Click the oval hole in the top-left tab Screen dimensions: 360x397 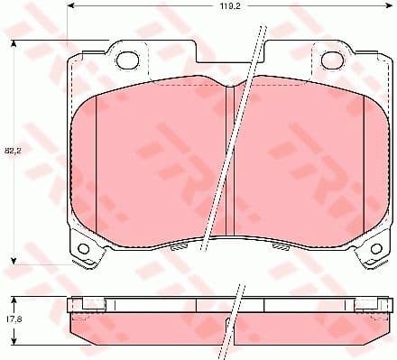pos(129,60)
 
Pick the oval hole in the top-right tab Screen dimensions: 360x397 pos(331,60)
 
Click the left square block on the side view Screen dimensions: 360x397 pos(79,303)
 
